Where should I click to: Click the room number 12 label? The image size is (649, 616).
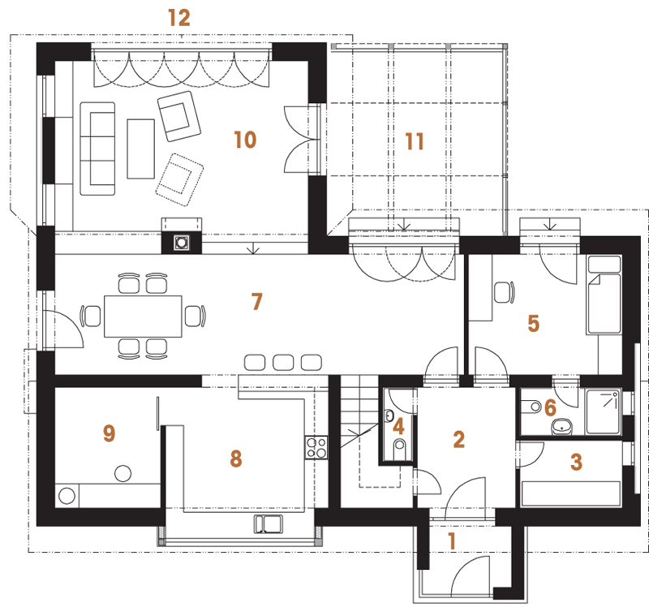coord(179,18)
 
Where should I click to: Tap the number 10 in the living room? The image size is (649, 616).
coord(245,140)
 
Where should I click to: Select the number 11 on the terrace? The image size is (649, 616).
coord(415,141)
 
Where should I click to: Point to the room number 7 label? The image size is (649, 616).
coord(257,301)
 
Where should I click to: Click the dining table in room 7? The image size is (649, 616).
coord(143,317)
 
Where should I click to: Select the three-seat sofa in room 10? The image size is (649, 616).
coord(97,149)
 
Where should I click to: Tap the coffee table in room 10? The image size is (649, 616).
coord(140,149)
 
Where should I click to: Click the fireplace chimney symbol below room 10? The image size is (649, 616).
coord(181,242)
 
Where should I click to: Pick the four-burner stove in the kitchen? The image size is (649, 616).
coord(316,447)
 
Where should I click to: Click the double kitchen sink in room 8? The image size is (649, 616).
coord(269,523)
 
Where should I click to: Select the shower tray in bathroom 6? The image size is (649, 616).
coord(604,411)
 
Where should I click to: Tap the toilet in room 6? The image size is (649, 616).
coord(531,407)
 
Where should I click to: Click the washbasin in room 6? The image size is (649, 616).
coord(562,426)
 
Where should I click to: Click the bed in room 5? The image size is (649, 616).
coord(604,295)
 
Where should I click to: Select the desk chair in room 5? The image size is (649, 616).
coord(504,292)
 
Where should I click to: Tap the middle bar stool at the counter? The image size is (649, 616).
coord(283,362)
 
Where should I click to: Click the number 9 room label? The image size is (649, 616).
coord(109,433)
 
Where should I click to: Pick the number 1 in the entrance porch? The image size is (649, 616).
coord(452,541)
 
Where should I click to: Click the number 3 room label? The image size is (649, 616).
coord(576,462)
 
